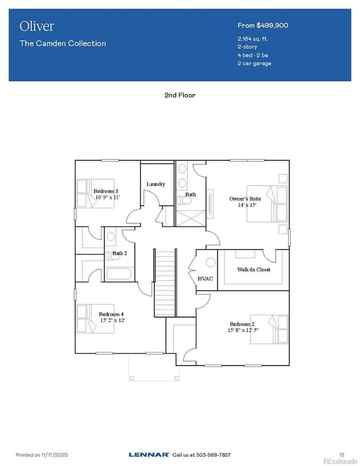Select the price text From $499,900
pos(263,25)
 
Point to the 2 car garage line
pos(255,64)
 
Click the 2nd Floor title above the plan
pos(179,95)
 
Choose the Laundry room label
pos(156,184)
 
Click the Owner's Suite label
pos(243,198)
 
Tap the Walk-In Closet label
pos(254,270)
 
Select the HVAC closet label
pos(205,279)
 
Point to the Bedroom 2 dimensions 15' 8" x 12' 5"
pos(244,331)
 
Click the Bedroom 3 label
pos(105,191)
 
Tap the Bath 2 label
pos(120,253)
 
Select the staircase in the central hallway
pos(164,283)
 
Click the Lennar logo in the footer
pos(149,454)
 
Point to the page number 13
pos(341,454)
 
